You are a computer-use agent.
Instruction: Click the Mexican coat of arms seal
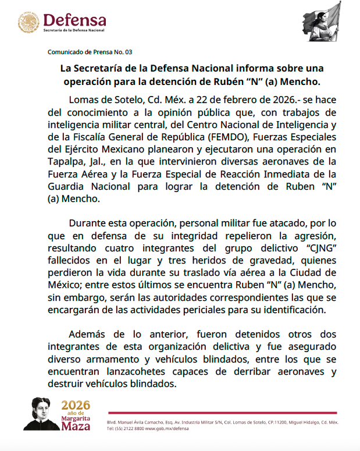click(28, 23)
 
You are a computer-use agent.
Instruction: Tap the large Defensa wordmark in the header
click(74, 19)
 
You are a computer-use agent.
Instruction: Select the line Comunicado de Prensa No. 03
click(90, 52)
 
